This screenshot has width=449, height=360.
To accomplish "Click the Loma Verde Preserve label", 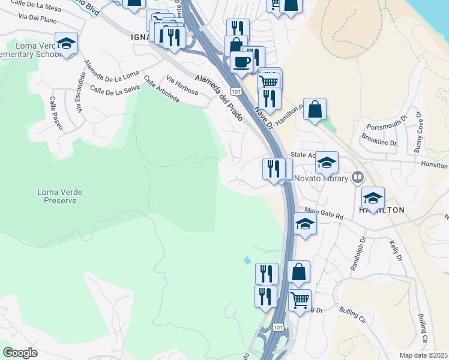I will pyautogui.click(x=60, y=196).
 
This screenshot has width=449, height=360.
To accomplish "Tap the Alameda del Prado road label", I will pyautogui.click(x=219, y=95).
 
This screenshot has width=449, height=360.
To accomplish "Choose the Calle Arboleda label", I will pyautogui.click(x=161, y=89).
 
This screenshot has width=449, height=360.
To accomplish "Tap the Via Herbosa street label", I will pyautogui.click(x=182, y=86).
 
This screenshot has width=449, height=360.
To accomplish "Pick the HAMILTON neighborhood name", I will pyautogui.click(x=381, y=209).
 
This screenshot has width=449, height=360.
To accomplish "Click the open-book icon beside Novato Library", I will pyautogui.click(x=358, y=177).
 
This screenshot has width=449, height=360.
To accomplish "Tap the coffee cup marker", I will pyautogui.click(x=242, y=61).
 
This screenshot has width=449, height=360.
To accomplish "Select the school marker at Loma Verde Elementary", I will pyautogui.click(x=66, y=43).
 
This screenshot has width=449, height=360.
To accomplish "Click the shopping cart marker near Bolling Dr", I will pyautogui.click(x=300, y=298).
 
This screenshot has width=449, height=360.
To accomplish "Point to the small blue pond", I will pyautogui.click(x=247, y=261).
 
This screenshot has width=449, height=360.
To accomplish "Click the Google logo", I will pyautogui.click(x=20, y=353).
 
